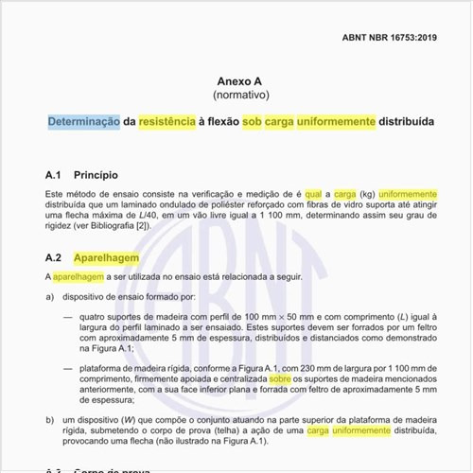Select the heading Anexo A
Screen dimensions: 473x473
pyautogui.click(x=236, y=81)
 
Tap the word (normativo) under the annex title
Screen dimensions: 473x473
pyautogui.click(x=236, y=96)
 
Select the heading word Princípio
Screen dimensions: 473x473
pyautogui.click(x=96, y=176)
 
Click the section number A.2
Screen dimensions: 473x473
pyautogui.click(x=54, y=257)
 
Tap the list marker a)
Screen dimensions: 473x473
pyautogui.click(x=50, y=297)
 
